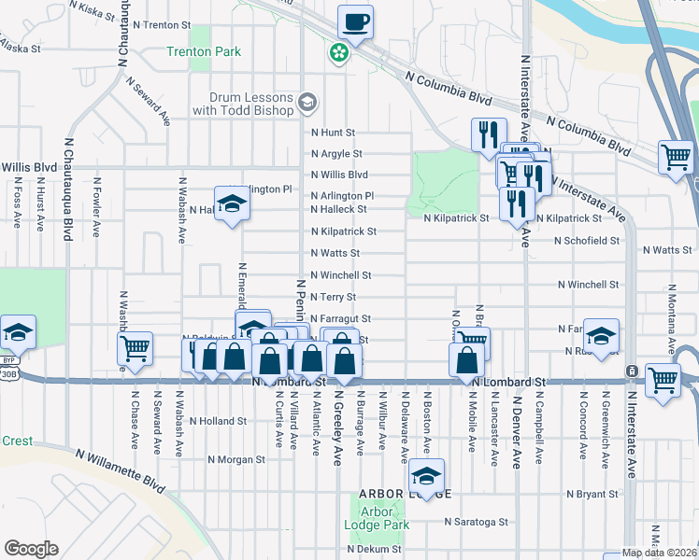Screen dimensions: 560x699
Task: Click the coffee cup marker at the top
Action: pyautogui.click(x=356, y=21)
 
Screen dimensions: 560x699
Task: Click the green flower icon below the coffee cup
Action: pyautogui.click(x=337, y=54)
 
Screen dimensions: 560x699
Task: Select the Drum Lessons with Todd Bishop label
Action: pyautogui.click(x=243, y=104)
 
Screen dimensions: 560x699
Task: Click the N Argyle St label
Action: pyautogui.click(x=336, y=154)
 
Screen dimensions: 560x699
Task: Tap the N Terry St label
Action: pyautogui.click(x=334, y=297)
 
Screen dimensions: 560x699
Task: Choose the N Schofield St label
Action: pyautogui.click(x=586, y=241)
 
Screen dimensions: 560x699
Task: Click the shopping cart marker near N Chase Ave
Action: pyautogui.click(x=136, y=348)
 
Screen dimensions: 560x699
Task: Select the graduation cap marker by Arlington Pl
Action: pyautogui.click(x=231, y=203)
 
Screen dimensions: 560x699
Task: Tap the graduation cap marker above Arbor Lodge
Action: pyautogui.click(x=427, y=476)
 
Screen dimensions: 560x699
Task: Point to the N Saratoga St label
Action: pyautogui.click(x=476, y=523)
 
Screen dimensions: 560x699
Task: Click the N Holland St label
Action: pyautogui.click(x=218, y=421)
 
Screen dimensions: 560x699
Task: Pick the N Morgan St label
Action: pyautogui.click(x=236, y=459)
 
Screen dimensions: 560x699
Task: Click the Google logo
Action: pyautogui.click(x=31, y=549)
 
